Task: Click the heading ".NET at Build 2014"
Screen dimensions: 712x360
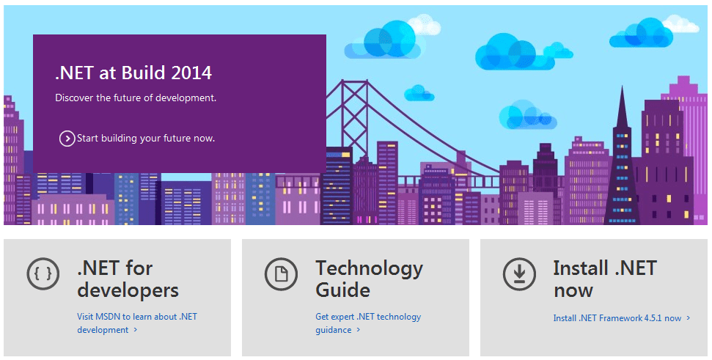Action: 133,73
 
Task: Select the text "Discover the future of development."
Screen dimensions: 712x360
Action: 136,98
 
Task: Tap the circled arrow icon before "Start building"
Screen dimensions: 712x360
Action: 67,139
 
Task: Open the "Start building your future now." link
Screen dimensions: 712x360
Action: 146,139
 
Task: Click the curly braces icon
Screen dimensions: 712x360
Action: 43,273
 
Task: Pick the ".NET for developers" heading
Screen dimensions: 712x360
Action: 128,279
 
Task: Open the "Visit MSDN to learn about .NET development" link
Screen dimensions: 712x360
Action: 137,323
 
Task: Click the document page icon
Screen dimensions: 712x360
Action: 281,273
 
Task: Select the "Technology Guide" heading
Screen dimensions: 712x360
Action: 369,279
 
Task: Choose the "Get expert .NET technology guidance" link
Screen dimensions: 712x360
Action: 368,323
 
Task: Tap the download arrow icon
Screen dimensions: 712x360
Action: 519,273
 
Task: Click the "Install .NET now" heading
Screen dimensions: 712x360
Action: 605,279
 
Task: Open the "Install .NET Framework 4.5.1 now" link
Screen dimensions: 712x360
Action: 621,318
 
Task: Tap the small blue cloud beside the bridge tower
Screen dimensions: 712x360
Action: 419,93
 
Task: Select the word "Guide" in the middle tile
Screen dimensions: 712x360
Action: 343,290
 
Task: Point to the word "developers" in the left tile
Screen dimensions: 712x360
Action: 128,290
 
